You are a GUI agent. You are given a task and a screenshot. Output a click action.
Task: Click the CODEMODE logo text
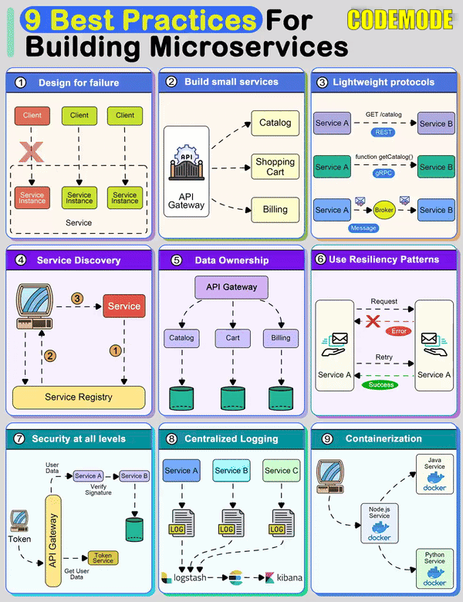(400, 19)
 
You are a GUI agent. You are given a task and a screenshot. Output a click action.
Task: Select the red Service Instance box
(32, 198)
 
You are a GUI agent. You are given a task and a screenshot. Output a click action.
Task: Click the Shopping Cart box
(275, 167)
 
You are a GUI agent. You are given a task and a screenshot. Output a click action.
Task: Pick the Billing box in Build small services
(275, 208)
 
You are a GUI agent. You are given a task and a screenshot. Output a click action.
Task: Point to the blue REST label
(384, 132)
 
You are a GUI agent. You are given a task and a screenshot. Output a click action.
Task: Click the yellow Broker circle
(384, 210)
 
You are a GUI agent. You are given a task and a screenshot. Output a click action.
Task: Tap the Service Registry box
(79, 397)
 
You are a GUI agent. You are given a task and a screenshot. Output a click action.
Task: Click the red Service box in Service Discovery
(123, 306)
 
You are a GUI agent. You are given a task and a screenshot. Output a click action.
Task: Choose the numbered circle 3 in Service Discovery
(76, 298)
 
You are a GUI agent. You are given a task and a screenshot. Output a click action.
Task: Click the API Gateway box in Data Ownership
(231, 288)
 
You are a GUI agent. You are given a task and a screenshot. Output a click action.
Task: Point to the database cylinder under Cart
(231, 397)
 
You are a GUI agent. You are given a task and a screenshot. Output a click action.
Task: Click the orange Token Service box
(103, 557)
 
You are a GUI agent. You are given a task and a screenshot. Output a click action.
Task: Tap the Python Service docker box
(434, 567)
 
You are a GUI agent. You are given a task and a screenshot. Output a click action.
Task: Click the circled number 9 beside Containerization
(327, 438)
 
